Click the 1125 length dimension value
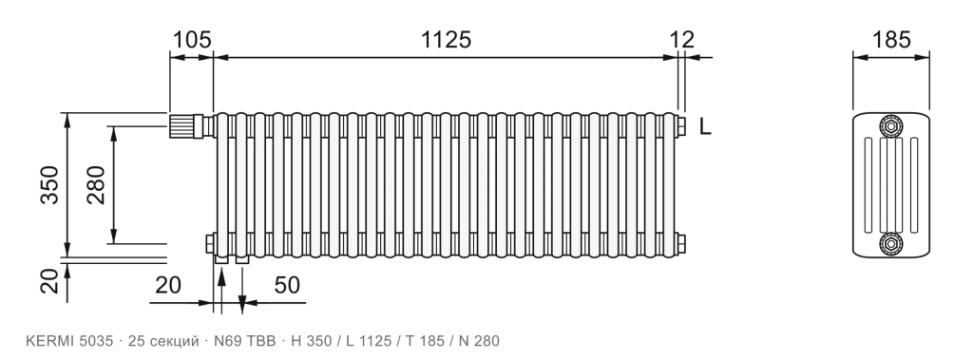(447, 40)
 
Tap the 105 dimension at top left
(191, 40)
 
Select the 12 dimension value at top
(682, 40)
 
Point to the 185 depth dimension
(891, 40)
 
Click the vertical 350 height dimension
(49, 184)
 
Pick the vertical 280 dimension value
(96, 184)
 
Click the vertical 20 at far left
(49, 280)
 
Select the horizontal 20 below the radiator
(167, 285)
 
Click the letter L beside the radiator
(705, 126)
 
